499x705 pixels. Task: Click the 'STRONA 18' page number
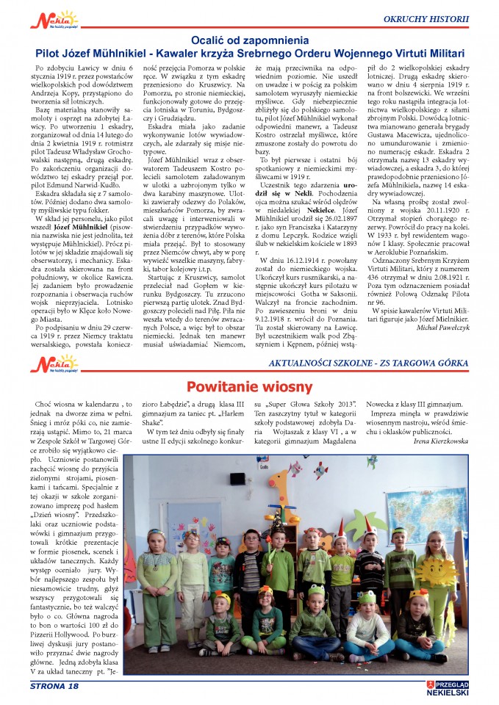coord(54,686)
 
